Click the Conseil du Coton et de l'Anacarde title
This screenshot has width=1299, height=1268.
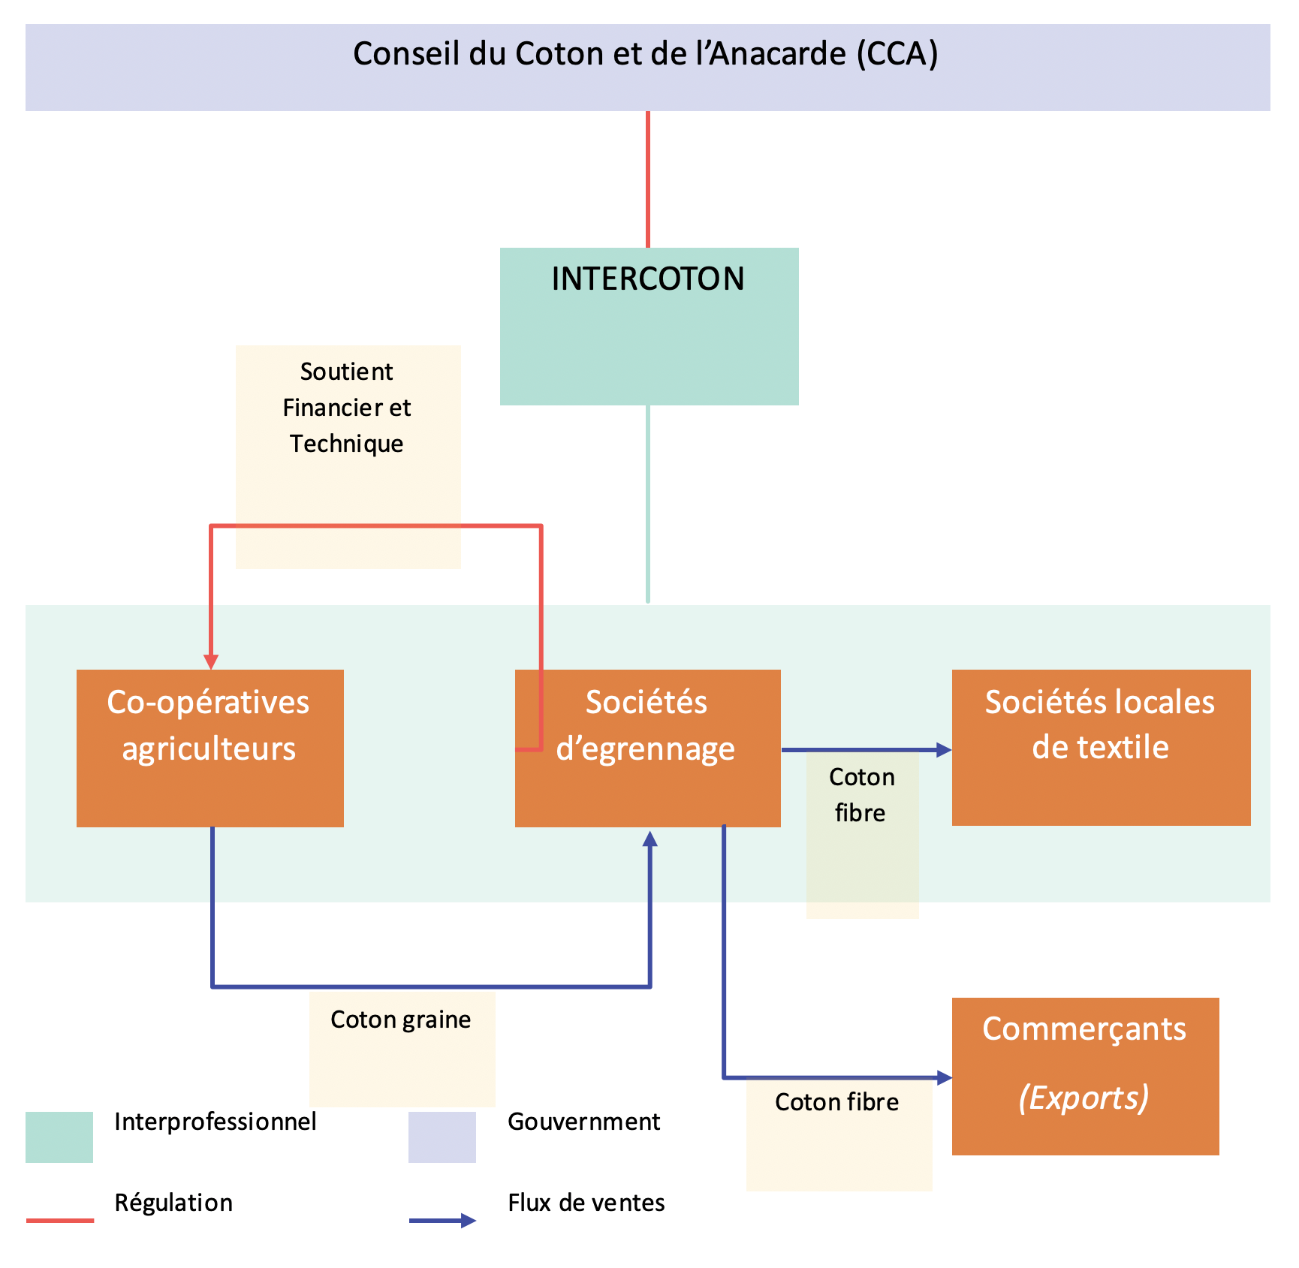click(646, 55)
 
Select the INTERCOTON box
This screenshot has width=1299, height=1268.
click(649, 326)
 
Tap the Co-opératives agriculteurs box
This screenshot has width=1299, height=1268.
click(209, 748)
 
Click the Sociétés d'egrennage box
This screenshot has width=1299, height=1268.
click(647, 748)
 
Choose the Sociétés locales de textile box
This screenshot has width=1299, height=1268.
click(1100, 747)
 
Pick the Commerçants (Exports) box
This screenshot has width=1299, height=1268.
click(1084, 1075)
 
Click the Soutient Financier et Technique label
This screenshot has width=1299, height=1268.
click(347, 408)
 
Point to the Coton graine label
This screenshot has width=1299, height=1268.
click(401, 1020)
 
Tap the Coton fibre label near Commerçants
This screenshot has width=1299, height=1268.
click(836, 1102)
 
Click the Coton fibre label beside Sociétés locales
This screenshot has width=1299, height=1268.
click(861, 795)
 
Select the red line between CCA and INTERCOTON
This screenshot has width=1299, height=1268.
click(648, 180)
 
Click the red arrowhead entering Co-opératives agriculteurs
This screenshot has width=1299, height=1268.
click(212, 661)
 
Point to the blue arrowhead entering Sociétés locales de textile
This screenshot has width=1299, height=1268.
click(943, 749)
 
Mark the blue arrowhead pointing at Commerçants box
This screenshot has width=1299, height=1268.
click(944, 1078)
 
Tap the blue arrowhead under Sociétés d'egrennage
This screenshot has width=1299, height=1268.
click(650, 839)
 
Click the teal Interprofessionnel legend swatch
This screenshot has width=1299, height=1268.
click(59, 1137)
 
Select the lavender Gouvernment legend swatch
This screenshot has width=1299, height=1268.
click(442, 1137)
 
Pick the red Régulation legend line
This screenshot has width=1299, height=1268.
click(60, 1221)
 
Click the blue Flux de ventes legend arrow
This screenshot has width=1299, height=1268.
click(443, 1221)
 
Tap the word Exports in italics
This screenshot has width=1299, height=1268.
click(1084, 1098)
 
